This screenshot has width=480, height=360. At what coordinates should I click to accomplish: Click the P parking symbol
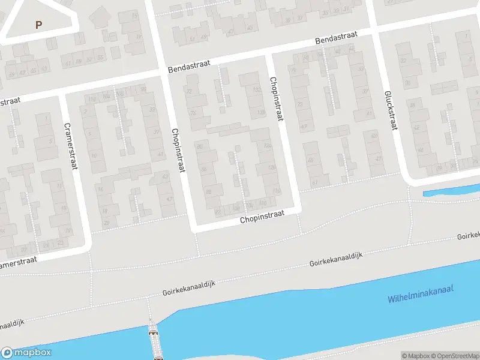[39, 25]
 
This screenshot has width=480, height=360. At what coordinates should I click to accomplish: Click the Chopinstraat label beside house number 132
[275, 100]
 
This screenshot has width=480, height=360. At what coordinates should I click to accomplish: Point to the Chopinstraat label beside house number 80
[177, 151]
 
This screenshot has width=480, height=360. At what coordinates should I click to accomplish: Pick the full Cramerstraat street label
[70, 146]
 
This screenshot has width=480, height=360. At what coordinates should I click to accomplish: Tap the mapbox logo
[26, 353]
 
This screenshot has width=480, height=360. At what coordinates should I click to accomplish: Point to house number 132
[256, 91]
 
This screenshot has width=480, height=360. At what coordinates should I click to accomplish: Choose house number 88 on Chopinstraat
[208, 192]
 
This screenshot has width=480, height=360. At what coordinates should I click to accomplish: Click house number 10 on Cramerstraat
[94, 155]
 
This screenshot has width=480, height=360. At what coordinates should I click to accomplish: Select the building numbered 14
[100, 190]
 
